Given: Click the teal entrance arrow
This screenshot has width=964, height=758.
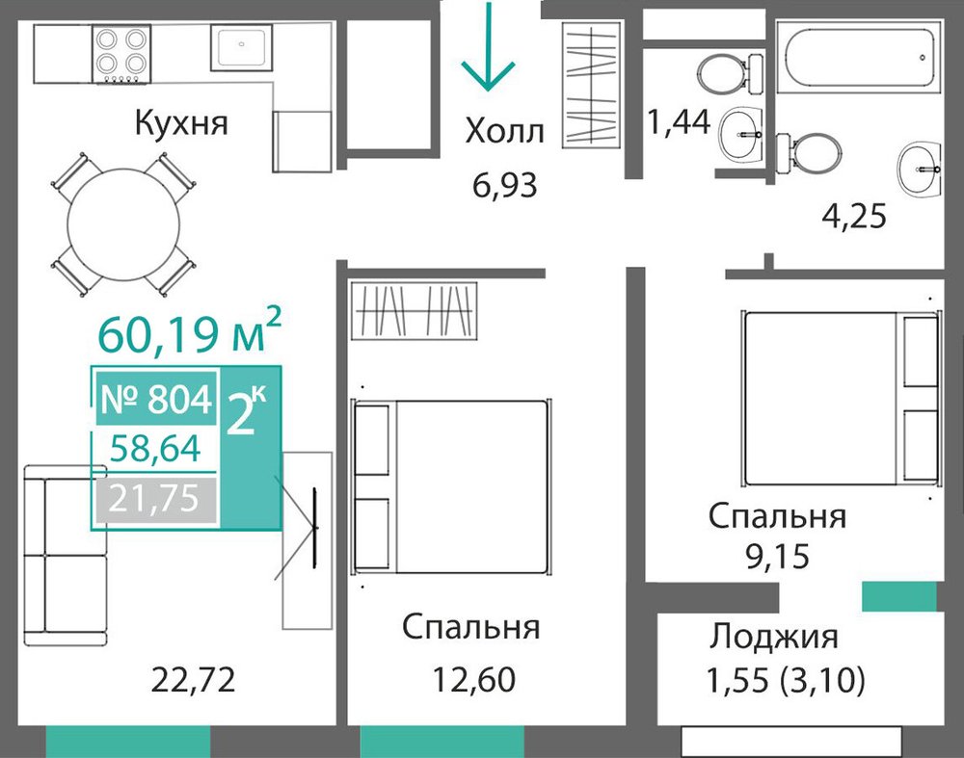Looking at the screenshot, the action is pyautogui.click(x=489, y=46).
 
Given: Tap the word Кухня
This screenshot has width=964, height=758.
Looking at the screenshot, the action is pyautogui.click(x=181, y=123).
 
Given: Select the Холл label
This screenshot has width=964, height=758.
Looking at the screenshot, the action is pyautogui.click(x=505, y=131).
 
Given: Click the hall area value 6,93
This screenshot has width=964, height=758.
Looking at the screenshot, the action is pyautogui.click(x=505, y=185).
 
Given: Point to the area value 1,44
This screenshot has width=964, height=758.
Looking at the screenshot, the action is pyautogui.click(x=679, y=121).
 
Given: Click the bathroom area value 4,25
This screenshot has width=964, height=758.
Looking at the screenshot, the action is pyautogui.click(x=854, y=216).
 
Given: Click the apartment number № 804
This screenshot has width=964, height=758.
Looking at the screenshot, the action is pyautogui.click(x=156, y=399).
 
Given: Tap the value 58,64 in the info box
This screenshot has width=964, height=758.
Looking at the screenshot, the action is pyautogui.click(x=155, y=448).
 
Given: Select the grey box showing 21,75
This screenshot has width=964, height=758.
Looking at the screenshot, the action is pyautogui.click(x=156, y=498).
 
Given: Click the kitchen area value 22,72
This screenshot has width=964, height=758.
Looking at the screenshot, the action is pyautogui.click(x=193, y=680).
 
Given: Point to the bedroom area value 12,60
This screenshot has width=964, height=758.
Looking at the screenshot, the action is pyautogui.click(x=473, y=679).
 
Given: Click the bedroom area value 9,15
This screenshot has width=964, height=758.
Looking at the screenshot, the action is pyautogui.click(x=777, y=557).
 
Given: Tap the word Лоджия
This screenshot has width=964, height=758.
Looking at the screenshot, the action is pyautogui.click(x=774, y=637).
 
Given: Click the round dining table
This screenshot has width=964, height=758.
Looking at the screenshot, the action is pyautogui.click(x=123, y=223).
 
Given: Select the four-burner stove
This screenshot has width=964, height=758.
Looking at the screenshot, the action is pyautogui.click(x=121, y=54).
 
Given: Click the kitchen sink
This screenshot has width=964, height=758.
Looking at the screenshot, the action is pyautogui.click(x=242, y=47).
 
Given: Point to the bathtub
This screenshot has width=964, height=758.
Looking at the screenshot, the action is pyautogui.click(x=858, y=57).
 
